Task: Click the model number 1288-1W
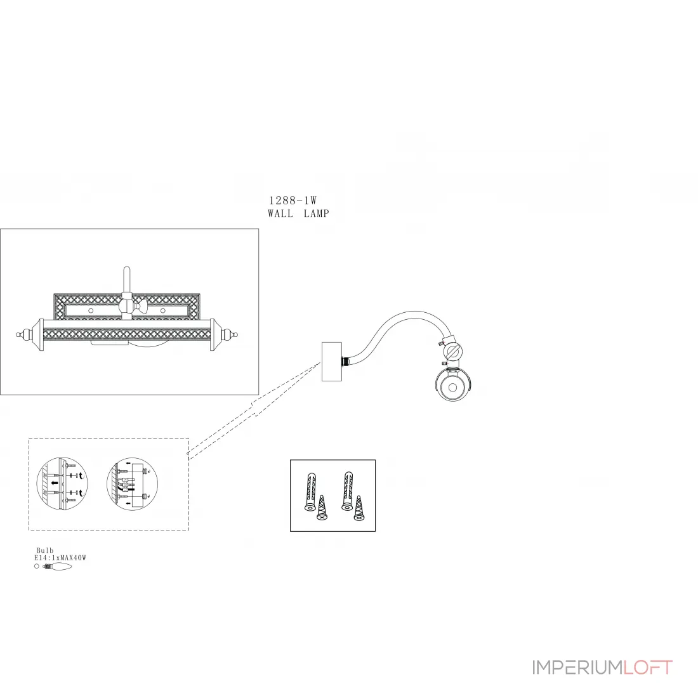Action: coord(293,201)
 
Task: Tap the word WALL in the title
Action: coord(280,214)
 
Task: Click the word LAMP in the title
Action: coord(317,214)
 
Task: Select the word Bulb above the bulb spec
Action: coord(45,551)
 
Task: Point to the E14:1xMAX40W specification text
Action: coord(60,558)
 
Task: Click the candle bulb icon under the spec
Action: coord(57,566)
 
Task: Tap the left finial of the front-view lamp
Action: coord(25,334)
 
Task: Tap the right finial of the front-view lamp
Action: coord(228,334)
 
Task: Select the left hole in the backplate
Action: coord(91,310)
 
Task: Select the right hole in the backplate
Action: coord(162,310)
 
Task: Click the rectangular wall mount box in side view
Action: coord(332,362)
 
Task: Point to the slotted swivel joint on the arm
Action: coord(453,352)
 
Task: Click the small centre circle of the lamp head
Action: coord(452,387)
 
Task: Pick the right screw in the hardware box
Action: coord(359,508)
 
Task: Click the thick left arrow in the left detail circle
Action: coord(55,483)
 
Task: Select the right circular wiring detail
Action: coord(133,484)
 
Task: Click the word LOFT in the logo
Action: coord(648,668)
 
